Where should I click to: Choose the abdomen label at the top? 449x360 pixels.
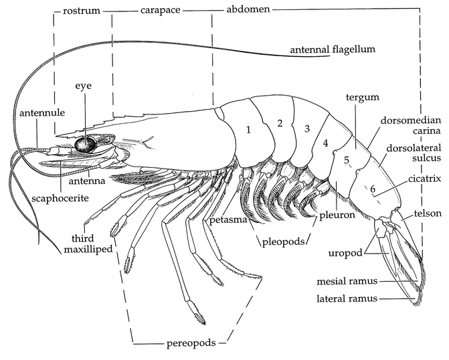tap(241, 11)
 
